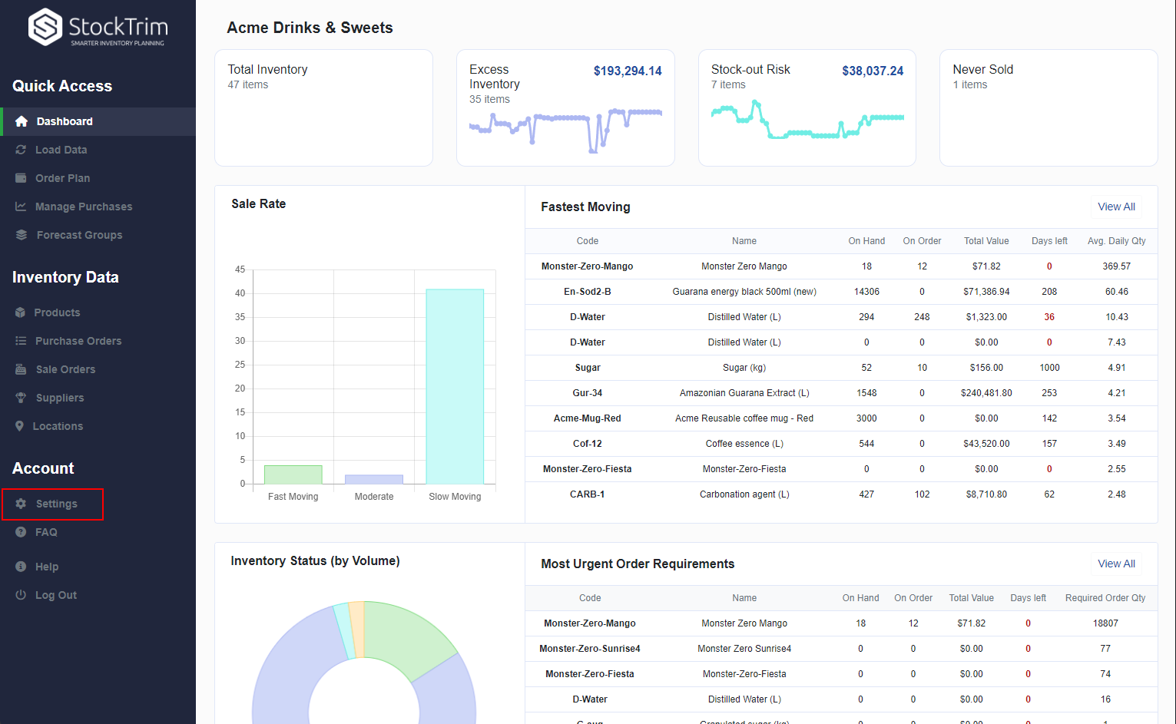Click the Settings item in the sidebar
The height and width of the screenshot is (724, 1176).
pos(56,504)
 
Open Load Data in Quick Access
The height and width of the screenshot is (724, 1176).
pos(61,150)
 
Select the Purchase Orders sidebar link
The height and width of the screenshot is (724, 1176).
pos(78,341)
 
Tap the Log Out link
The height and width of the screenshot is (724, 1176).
pos(55,595)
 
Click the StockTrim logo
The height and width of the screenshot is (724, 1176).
pos(98,28)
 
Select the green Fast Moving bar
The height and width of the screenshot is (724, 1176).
pos(293,474)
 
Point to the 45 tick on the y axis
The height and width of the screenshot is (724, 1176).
pos(240,269)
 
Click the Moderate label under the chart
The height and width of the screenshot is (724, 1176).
pos(374,497)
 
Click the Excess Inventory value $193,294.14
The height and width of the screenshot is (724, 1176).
pos(627,71)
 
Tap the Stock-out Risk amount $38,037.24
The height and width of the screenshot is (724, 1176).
pos(872,71)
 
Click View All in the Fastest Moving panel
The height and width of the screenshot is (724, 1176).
pos(1116,207)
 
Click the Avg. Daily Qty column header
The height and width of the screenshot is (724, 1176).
pos(1116,241)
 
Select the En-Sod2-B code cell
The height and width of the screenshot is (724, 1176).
pos(587,292)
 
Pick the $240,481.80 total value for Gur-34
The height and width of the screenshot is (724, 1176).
pos(986,393)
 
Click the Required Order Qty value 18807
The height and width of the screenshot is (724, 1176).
pos(1105,623)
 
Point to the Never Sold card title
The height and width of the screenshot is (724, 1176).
pos(982,69)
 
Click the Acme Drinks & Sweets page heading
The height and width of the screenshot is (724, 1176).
pos(310,28)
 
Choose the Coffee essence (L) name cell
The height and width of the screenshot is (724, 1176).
pos(744,444)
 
